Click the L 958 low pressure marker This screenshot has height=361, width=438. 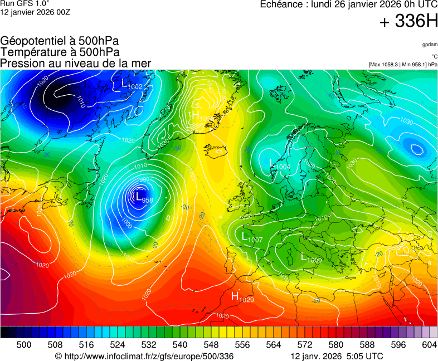pos(144,197)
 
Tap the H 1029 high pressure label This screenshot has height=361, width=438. pos(242,297)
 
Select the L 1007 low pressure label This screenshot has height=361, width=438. pos(252,237)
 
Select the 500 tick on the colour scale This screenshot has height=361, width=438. pos(24,345)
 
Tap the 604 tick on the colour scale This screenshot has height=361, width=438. pos(429,345)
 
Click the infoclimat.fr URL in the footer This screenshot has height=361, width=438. pos(144,356)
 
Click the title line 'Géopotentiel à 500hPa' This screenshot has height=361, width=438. pos(60,41)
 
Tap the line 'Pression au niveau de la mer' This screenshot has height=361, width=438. pos(76,64)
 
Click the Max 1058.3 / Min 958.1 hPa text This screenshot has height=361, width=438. pos(403,65)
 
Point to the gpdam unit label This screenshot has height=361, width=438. pos(429,44)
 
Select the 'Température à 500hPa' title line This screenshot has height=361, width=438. pos(60,52)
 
